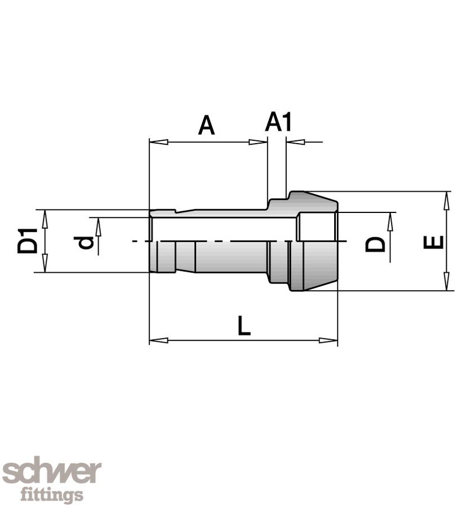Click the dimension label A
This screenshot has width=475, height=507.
point(207,125)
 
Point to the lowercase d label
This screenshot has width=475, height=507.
point(85,242)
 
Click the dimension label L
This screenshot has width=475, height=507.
point(243,326)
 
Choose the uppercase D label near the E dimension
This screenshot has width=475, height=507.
point(376,244)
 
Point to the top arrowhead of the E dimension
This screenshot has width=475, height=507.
point(447,199)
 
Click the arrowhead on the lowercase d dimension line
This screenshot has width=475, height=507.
point(98,226)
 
